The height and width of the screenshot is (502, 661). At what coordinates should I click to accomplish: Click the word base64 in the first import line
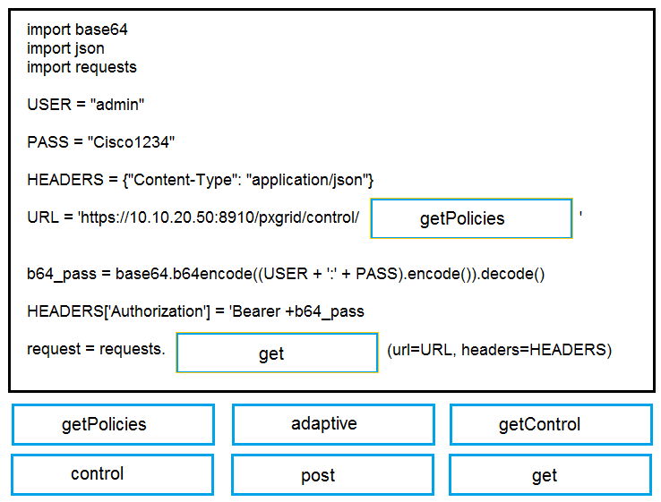(x=101, y=30)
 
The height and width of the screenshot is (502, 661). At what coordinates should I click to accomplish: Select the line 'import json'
(x=65, y=49)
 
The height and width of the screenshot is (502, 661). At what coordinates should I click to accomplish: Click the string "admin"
(x=117, y=104)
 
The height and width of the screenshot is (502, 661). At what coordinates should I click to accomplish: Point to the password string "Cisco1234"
(x=131, y=142)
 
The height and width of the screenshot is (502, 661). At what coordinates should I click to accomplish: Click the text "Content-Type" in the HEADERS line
(x=182, y=180)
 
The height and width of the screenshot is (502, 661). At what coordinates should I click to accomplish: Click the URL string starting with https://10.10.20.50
(x=219, y=217)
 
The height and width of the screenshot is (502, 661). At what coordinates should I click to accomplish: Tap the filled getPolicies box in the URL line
(x=471, y=218)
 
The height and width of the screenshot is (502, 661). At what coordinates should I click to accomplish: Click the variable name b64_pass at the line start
(x=62, y=274)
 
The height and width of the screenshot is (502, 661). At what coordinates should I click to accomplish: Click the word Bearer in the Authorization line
(x=256, y=311)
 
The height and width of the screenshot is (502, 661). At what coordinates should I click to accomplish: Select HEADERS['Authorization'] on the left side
(x=118, y=311)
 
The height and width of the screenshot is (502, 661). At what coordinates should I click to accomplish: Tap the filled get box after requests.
(x=277, y=353)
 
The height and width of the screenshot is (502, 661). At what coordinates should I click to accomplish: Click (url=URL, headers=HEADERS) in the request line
(x=499, y=350)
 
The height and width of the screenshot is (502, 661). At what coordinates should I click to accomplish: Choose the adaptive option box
(x=333, y=424)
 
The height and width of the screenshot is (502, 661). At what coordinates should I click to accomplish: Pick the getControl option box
(x=552, y=424)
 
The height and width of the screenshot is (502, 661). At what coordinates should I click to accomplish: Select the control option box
(x=113, y=474)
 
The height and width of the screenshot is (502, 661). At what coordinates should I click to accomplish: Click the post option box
(x=332, y=474)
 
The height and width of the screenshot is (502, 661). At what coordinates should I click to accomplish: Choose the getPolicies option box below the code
(x=114, y=424)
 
